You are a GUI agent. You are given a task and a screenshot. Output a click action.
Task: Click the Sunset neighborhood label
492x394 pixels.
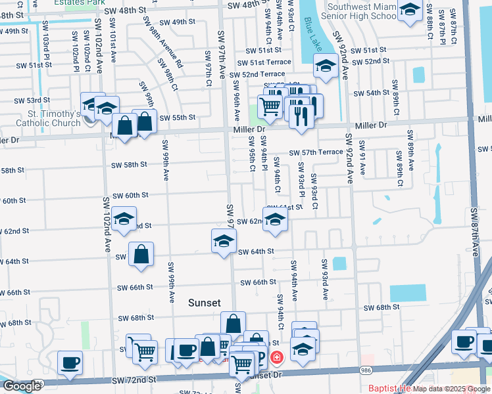tap(204, 303)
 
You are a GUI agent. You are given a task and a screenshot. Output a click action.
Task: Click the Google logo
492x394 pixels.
tap(22, 386)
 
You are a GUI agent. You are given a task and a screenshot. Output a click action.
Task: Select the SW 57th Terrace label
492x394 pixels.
tap(316, 152)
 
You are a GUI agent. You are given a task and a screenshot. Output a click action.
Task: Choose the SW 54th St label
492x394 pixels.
tap(374, 93)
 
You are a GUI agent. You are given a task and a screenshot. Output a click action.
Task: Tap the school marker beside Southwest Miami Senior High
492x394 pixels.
tap(410, 11)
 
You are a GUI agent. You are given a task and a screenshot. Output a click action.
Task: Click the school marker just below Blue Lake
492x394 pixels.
tap(326, 65)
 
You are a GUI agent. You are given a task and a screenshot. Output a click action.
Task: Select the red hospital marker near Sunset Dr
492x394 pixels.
tap(277, 357)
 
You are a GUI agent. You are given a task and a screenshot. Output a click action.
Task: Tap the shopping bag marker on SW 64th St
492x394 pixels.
tap(141, 253)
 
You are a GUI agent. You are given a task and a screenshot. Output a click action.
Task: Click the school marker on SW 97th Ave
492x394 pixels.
tap(224, 240)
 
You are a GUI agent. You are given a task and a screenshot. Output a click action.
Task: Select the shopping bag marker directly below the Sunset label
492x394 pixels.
tap(234, 323)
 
